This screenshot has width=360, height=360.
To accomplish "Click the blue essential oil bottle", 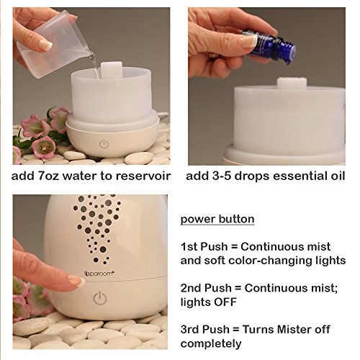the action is point(270,46).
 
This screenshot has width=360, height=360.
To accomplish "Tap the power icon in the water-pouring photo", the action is point(104,144).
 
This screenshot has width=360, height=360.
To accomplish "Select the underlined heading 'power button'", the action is point(217,219).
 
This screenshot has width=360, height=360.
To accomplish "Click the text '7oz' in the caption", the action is point(49,176).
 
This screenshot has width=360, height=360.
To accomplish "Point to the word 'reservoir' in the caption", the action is point(143,176).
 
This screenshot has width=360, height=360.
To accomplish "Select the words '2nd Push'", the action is point(206,288).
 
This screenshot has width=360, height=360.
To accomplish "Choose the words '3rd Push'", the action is point(205,329).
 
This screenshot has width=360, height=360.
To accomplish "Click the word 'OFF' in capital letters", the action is point(225,302).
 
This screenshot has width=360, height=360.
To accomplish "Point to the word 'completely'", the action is point(211,343).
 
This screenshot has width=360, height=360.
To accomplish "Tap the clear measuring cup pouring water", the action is point(53,45).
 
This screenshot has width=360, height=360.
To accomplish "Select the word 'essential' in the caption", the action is point(297,176).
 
